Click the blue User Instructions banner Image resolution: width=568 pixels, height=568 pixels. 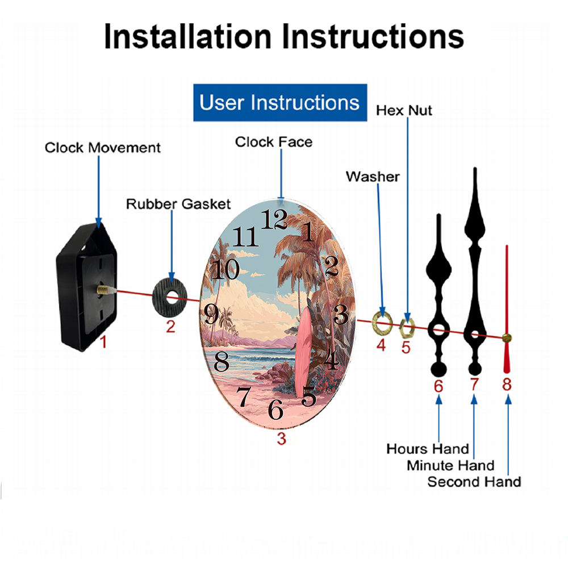tap(280, 102)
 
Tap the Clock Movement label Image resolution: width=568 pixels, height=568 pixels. tap(102, 148)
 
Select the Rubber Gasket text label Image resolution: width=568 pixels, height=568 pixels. tap(178, 204)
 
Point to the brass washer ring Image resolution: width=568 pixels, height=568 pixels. tap(382, 323)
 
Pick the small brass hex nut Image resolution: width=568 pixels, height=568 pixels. tap(407, 328)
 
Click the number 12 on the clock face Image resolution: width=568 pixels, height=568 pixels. tap(274, 219)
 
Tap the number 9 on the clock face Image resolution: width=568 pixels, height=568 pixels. tap(211, 314)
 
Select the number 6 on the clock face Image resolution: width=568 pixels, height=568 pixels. tap(275, 410)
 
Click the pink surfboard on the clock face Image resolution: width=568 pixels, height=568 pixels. tap(303, 352)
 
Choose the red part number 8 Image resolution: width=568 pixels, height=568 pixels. tap(507, 385)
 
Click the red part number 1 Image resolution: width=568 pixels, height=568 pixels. tap(103, 342)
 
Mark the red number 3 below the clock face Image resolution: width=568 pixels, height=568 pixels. tap(282, 438)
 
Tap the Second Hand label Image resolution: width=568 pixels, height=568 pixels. tap(474, 482)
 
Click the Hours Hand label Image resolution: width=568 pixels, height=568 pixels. tap(428, 449)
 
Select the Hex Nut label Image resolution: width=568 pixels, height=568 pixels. tap(404, 111)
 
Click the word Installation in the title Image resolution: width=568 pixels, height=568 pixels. tap(187, 36)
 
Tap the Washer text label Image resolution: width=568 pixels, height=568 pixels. tap(373, 177)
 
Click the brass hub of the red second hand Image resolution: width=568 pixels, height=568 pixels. tap(507, 338)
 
